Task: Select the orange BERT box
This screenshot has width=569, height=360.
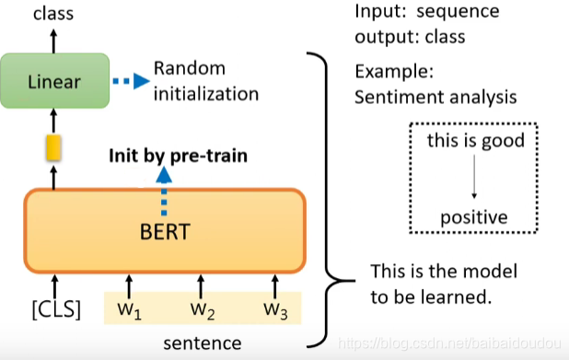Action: (x=163, y=230)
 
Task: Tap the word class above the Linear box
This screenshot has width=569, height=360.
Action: (x=53, y=13)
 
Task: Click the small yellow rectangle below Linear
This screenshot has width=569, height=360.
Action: (x=53, y=146)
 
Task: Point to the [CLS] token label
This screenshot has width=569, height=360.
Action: (x=53, y=308)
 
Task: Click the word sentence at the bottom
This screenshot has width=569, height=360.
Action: (x=203, y=343)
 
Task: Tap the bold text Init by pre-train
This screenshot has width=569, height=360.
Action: (x=178, y=155)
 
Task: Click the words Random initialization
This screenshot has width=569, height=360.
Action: (x=205, y=81)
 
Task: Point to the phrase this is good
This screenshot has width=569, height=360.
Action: (x=475, y=141)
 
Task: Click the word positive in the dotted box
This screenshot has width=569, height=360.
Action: (x=473, y=217)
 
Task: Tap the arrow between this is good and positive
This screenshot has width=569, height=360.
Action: (x=474, y=179)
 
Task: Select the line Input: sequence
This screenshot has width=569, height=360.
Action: (x=426, y=13)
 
